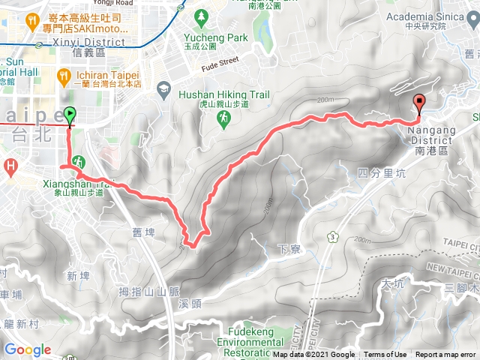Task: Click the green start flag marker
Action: click(x=70, y=115)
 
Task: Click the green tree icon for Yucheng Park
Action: click(x=200, y=15)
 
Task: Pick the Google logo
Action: click(x=27, y=349)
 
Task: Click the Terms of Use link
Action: click(x=385, y=355)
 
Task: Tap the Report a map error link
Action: click(x=446, y=355)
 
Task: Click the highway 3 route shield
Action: click(x=332, y=238)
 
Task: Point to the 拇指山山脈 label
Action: click(x=149, y=291)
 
